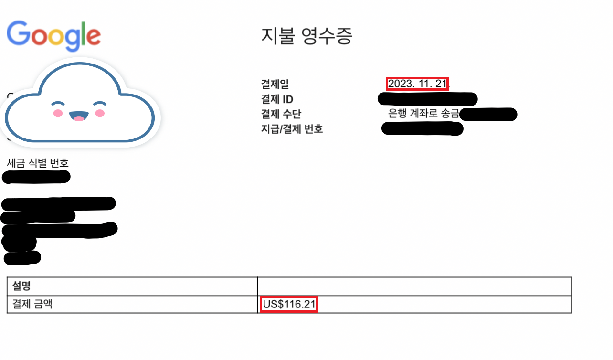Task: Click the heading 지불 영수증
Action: (x=306, y=36)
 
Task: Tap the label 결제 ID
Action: (x=277, y=99)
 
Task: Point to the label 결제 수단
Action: (x=281, y=114)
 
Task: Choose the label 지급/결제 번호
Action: (x=292, y=128)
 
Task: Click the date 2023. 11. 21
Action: (x=417, y=84)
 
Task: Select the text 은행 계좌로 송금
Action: (x=423, y=114)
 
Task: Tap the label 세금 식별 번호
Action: (x=38, y=163)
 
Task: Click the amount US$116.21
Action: (x=289, y=305)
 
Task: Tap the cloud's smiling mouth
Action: (x=79, y=116)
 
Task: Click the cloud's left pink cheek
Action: (x=58, y=113)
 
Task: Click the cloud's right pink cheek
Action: (x=100, y=113)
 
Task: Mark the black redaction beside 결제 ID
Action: (x=427, y=99)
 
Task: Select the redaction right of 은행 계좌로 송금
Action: (x=488, y=115)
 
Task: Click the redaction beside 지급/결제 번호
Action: (x=423, y=128)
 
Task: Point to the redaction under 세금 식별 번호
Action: (x=36, y=177)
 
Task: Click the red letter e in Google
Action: (x=93, y=37)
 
